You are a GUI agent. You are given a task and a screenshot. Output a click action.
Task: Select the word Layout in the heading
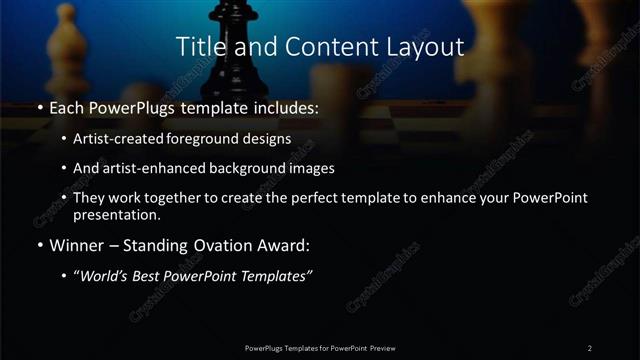click(424, 47)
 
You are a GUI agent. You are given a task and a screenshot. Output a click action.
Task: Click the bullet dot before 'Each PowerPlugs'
click(39, 106)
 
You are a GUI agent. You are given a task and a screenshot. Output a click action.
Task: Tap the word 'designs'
click(268, 139)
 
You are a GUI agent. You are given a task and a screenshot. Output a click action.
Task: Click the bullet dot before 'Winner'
click(39, 244)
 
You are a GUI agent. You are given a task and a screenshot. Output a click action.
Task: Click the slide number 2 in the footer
click(590, 347)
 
